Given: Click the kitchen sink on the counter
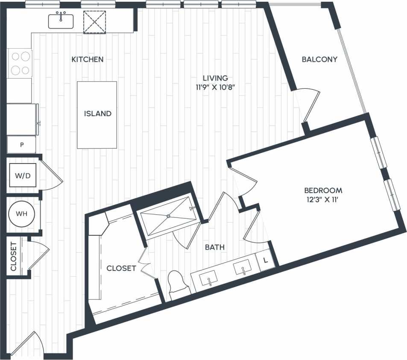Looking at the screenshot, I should [x=61, y=20].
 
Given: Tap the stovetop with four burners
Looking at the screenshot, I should [x=20, y=63].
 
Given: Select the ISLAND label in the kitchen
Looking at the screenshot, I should [x=97, y=114].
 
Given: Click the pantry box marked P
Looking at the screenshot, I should [x=21, y=145].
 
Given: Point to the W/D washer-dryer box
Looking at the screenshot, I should [x=23, y=175].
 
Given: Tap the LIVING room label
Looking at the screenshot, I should [x=215, y=78].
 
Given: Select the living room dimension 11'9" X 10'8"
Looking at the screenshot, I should [x=215, y=87].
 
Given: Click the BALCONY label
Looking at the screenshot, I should [x=319, y=59].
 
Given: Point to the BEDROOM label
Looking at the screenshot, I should [x=323, y=190].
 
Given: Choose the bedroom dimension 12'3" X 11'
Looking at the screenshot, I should [x=323, y=199].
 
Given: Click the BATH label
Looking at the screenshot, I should [x=215, y=247].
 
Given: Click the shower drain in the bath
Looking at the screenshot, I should [x=168, y=216].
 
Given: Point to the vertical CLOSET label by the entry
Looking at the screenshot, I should [x=13, y=257].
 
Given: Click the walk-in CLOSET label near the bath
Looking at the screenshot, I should [x=121, y=268].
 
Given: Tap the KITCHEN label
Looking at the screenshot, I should [x=87, y=59].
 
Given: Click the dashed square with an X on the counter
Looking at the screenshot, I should [x=94, y=21].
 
